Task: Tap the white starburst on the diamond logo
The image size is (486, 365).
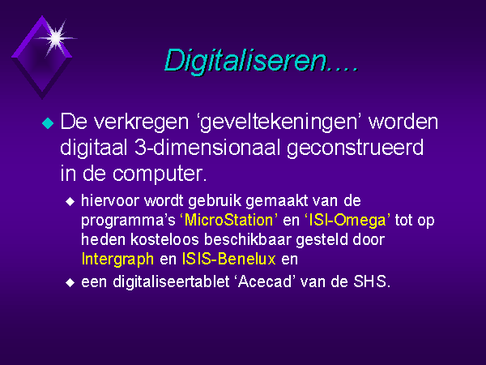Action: pyautogui.click(x=56, y=38)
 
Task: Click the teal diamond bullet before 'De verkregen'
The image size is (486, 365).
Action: pyautogui.click(x=48, y=123)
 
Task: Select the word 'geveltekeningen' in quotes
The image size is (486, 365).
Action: pyautogui.click(x=279, y=123)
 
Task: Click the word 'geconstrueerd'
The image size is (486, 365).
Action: pyautogui.click(x=355, y=148)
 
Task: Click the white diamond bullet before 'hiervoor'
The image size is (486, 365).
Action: pyautogui.click(x=70, y=202)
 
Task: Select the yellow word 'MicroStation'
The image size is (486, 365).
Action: pyautogui.click(x=228, y=220)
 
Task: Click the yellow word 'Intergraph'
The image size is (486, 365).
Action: pyautogui.click(x=117, y=260)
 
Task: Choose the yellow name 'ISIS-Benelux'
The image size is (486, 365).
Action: pyautogui.click(x=228, y=259)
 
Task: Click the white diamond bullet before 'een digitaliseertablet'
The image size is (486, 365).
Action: pyautogui.click(x=70, y=283)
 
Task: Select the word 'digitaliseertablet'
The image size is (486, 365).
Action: pyautogui.click(x=171, y=281)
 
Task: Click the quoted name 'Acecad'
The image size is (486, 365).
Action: pyautogui.click(x=266, y=281)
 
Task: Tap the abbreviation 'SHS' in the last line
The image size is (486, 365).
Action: pyautogui.click(x=369, y=281)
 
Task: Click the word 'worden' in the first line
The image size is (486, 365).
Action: pyautogui.click(x=403, y=122)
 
